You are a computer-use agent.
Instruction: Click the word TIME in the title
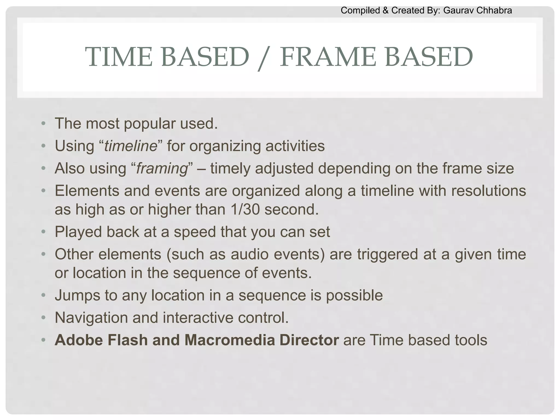tap(119, 57)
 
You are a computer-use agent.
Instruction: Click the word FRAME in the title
tap(328, 57)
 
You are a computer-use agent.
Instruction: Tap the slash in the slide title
tap(264, 58)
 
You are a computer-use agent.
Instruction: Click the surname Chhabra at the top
tap(495, 10)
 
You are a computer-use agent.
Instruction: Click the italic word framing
tap(162, 168)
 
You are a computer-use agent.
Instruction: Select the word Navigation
tap(91, 318)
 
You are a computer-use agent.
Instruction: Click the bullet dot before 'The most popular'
tap(43, 124)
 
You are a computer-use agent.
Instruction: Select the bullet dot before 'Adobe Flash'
tap(43, 340)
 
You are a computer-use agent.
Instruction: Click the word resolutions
tap(488, 191)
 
